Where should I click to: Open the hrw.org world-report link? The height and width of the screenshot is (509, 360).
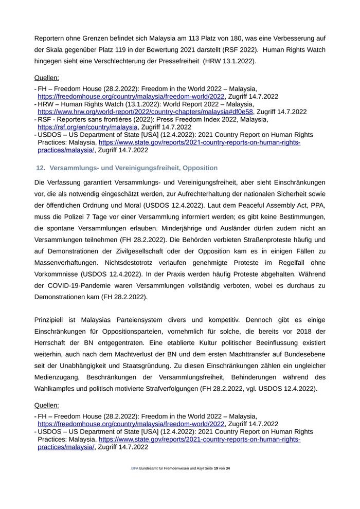pyautogui.click(x=146, y=112)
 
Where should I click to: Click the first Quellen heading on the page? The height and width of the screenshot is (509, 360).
pyautogui.click(x=47, y=78)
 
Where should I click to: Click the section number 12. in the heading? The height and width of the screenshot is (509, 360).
pyautogui.click(x=41, y=168)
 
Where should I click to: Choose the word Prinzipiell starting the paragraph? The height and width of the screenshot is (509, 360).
pyautogui.click(x=52, y=320)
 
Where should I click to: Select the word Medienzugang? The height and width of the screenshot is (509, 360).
pyautogui.click(x=58, y=377)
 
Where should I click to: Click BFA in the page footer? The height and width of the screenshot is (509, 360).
pyautogui.click(x=135, y=468)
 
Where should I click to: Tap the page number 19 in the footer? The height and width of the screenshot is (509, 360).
pyautogui.click(x=216, y=468)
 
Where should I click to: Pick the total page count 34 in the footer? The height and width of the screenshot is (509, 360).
pyautogui.click(x=228, y=468)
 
